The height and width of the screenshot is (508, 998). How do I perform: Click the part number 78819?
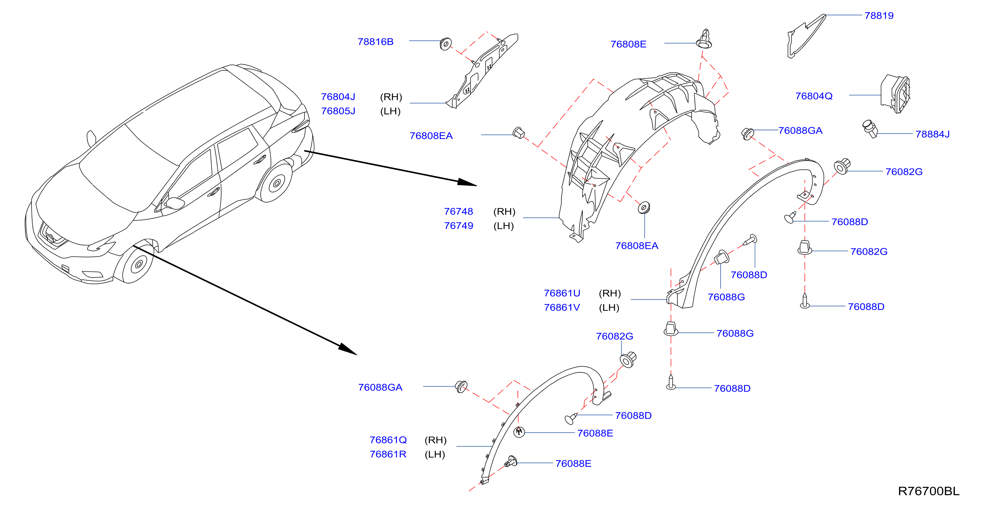point(879,16)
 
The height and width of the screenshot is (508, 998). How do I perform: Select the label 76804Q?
point(814,96)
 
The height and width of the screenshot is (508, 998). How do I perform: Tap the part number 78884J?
point(932,134)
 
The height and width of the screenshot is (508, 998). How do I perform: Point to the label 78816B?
point(375,42)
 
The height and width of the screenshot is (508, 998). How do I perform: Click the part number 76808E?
point(628,45)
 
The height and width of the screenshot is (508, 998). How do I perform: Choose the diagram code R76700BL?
point(929,491)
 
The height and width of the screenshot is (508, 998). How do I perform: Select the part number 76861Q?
point(388,440)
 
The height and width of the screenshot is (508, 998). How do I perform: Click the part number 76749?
point(458,226)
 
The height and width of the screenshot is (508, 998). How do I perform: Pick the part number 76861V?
point(562,307)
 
